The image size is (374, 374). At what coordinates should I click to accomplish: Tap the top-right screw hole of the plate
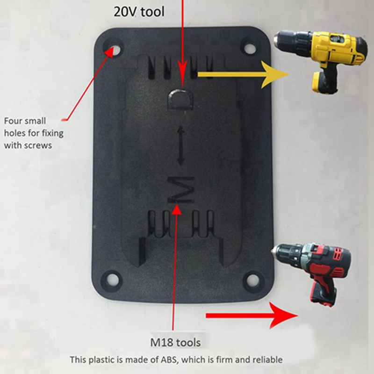(x=248, y=46)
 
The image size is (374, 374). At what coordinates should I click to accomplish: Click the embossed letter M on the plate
(x=180, y=189)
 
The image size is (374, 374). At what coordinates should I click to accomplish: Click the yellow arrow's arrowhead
(x=276, y=74)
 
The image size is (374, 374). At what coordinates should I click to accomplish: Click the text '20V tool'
(x=139, y=12)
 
